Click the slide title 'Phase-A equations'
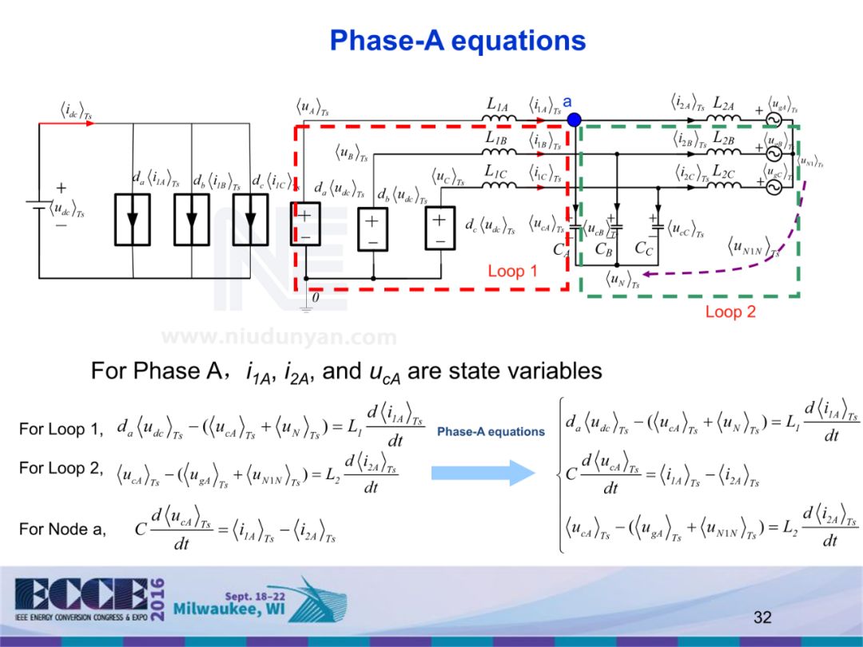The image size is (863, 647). click(x=458, y=40)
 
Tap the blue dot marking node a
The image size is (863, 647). click(x=574, y=120)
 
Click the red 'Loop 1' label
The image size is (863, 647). click(x=512, y=271)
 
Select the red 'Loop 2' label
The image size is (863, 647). click(x=730, y=312)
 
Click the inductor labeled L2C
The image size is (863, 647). click(x=724, y=185)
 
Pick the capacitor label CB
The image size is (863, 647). click(x=604, y=248)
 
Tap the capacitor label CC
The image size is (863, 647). click(x=643, y=248)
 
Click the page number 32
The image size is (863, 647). click(x=762, y=617)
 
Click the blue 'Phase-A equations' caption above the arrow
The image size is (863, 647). click(x=491, y=432)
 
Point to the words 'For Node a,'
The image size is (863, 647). click(x=62, y=529)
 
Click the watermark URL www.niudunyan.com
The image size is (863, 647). click(x=279, y=337)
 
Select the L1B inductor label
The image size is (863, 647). click(x=496, y=137)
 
